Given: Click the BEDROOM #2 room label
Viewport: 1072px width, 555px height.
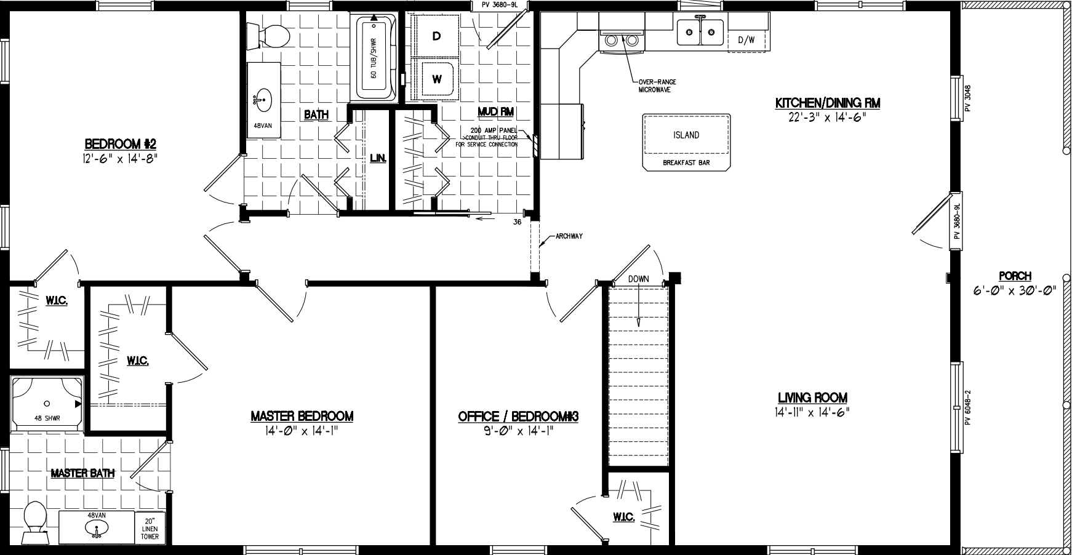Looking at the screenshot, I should (121, 144).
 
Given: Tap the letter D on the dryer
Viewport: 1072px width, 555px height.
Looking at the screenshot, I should (436, 36).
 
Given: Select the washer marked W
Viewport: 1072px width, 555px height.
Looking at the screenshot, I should (436, 79).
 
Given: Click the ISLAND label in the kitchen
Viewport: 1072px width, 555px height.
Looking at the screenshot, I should (686, 135).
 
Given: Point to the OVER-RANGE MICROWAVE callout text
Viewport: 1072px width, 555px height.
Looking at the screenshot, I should (654, 86).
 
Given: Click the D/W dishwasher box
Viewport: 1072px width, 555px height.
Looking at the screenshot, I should (746, 41).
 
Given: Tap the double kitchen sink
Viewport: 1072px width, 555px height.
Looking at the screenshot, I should (700, 31).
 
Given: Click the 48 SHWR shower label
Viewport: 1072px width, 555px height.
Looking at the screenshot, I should (47, 418).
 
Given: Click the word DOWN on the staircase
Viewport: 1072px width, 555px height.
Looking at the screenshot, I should (638, 279).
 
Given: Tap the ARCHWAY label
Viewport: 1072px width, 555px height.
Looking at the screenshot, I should (569, 236).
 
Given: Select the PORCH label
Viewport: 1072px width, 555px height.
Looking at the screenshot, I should (1015, 276).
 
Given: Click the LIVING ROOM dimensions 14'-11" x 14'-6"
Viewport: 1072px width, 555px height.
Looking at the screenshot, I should (812, 413).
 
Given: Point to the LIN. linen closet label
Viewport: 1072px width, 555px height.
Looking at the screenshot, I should (378, 158).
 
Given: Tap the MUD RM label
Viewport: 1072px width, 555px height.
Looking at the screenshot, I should (495, 111).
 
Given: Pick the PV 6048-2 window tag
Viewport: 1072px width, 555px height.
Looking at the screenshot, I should (968, 407).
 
